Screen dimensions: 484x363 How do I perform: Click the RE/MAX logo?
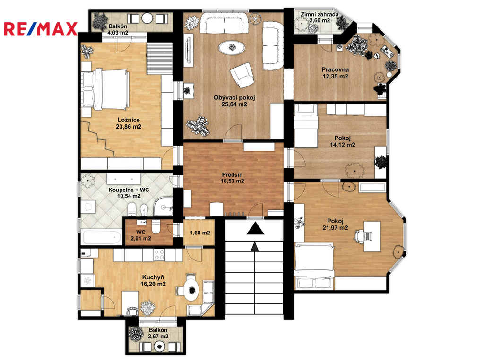41,29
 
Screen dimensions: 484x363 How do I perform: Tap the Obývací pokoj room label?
234,98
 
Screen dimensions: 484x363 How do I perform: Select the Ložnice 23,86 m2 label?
129,123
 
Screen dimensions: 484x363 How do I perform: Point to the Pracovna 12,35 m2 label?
335,73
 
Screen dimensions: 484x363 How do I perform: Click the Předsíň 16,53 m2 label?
232,178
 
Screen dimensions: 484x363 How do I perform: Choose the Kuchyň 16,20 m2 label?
153,281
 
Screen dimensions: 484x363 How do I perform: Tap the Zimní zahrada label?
320,14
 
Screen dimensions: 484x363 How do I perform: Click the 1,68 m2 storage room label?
200,233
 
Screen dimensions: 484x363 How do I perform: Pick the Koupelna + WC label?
129,190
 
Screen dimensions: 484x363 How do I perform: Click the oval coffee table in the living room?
232,48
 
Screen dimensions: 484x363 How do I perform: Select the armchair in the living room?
242,75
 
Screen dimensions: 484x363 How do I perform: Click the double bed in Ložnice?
104,89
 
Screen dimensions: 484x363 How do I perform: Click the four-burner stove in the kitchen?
160,255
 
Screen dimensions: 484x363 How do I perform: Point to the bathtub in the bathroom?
102,237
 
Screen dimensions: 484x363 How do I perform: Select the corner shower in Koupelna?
163,207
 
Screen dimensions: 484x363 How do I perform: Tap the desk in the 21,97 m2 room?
372,236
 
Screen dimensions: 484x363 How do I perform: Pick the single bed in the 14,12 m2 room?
306,126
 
